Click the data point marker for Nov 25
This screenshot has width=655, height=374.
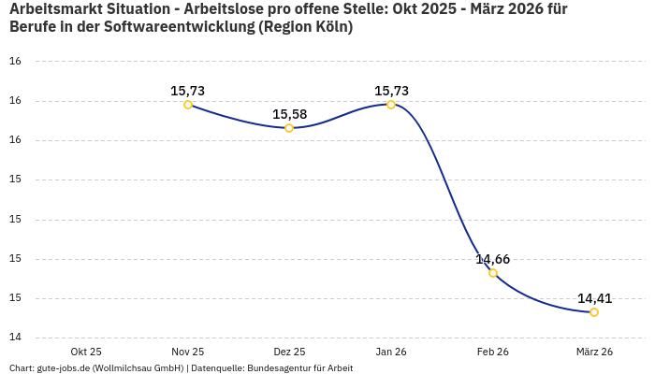point(188,105)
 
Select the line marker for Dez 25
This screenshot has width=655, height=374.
point(289,128)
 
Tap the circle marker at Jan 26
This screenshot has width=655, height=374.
point(391,105)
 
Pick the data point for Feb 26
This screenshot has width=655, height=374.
point(493,273)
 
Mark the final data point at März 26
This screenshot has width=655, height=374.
point(594,312)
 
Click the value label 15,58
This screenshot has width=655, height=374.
point(289,114)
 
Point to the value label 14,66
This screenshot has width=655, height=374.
point(493,259)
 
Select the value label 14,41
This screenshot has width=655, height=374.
point(594,298)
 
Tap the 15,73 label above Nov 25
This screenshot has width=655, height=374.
point(188,91)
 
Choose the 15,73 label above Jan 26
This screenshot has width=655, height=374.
point(391,91)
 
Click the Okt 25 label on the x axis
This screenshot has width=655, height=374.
point(86,352)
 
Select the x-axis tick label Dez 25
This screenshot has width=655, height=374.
point(289,352)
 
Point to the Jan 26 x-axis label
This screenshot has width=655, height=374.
point(391,352)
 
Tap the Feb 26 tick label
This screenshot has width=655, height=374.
point(493,352)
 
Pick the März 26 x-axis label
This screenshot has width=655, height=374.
point(594,352)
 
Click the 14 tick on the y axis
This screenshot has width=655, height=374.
point(15,338)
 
